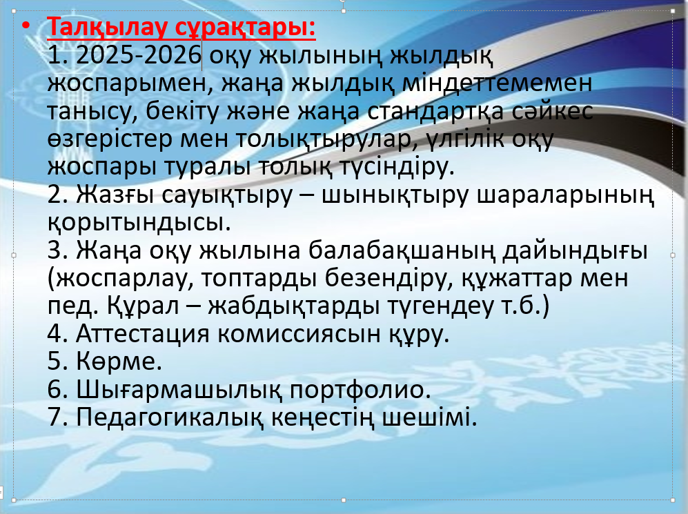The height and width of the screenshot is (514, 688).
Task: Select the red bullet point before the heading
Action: click(x=26, y=26)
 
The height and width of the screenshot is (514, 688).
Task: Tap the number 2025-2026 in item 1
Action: click(x=138, y=55)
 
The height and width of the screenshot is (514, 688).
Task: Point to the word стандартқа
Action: click(x=435, y=111)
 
